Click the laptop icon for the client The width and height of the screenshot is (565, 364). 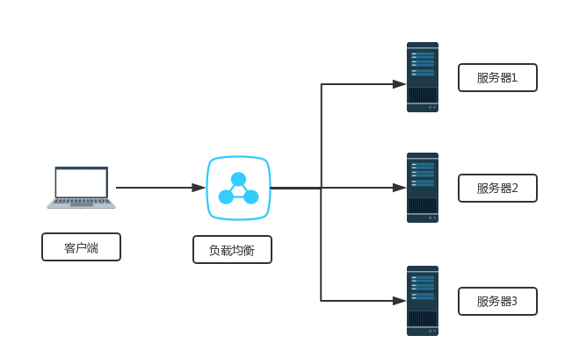(81, 187)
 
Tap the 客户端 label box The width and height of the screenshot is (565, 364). (81, 247)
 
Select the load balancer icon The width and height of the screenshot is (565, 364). (238, 188)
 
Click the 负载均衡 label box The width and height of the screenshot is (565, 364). (232, 250)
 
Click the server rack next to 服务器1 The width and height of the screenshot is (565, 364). (423, 77)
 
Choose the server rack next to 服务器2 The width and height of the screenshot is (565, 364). (423, 188)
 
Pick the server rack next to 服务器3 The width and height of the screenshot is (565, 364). (423, 301)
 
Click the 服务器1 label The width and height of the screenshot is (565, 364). (497, 77)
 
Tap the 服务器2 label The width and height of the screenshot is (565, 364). (497, 188)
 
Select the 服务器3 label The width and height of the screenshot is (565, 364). (497, 301)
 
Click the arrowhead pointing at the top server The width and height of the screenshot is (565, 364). (399, 84)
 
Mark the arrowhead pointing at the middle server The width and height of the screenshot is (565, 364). (399, 188)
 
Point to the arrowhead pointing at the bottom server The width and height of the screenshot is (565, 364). (399, 301)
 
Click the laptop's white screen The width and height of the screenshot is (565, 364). (81, 182)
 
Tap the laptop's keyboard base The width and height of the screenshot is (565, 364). (81, 203)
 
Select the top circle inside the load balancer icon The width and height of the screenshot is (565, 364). (238, 179)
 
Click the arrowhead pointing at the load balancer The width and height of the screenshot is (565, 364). (199, 188)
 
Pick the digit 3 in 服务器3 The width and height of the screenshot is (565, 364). (514, 301)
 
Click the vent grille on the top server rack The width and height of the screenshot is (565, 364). (423, 95)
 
